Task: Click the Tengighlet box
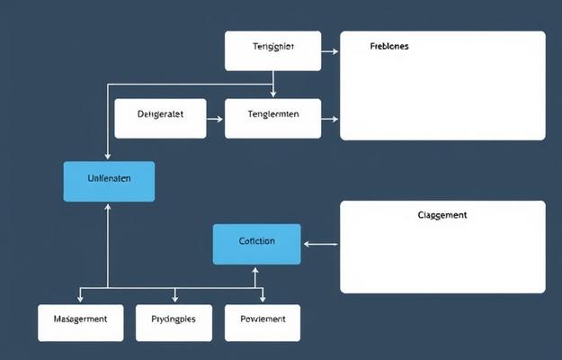tap(272, 50)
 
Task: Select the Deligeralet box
tap(160, 118)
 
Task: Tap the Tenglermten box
tap(272, 118)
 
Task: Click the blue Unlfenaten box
tap(109, 181)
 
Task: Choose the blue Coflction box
tap(256, 244)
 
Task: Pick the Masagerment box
tap(80, 322)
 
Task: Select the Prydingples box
tap(173, 322)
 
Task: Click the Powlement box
tap(263, 322)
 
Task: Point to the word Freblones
tap(389, 46)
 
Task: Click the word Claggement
tap(442, 215)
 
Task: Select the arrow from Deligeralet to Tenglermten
tap(215, 118)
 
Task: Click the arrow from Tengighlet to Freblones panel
tap(330, 51)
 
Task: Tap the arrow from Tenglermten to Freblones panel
tap(330, 118)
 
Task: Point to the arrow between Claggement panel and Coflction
tap(320, 243)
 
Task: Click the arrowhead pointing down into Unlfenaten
tap(108, 157)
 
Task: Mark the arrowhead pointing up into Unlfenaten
tap(108, 206)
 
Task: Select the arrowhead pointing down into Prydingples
tap(174, 299)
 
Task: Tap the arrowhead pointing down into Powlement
tap(263, 299)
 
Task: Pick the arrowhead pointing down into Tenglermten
tap(273, 94)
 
